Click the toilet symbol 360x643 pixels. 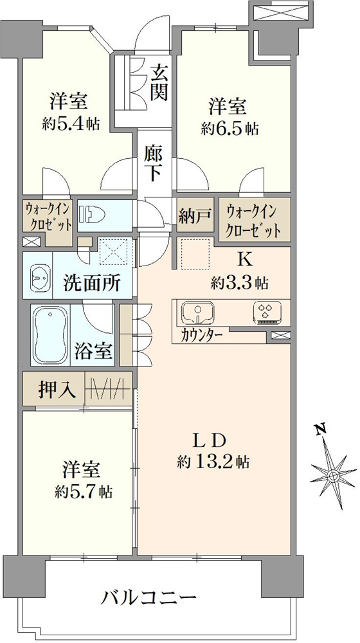tap(93, 214)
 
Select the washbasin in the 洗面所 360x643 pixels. tap(40, 277)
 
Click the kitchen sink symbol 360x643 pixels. tap(198, 313)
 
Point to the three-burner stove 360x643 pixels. tap(267, 313)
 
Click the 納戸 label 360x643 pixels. tap(195, 215)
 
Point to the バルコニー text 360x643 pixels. tap(147, 598)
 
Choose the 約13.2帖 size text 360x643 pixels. tap(213, 462)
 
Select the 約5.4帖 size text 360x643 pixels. tap(71, 123)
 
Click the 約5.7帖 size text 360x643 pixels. tap(83, 491)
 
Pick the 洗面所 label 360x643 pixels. tap(92, 283)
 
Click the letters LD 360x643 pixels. tap(209, 441)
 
